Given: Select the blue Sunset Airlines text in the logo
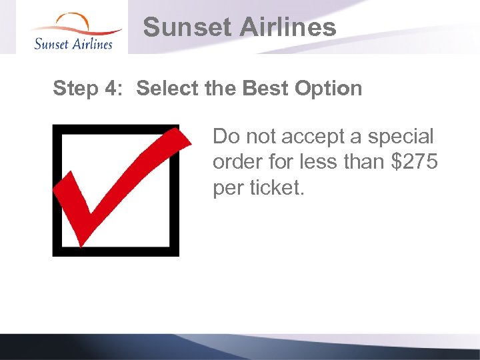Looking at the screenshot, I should click(73, 44).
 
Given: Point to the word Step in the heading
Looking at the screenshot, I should click(74, 89).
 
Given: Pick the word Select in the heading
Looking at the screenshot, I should click(164, 89).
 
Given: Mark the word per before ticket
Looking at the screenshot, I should click(228, 189).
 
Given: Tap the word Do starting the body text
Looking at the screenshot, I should click(225, 137).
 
